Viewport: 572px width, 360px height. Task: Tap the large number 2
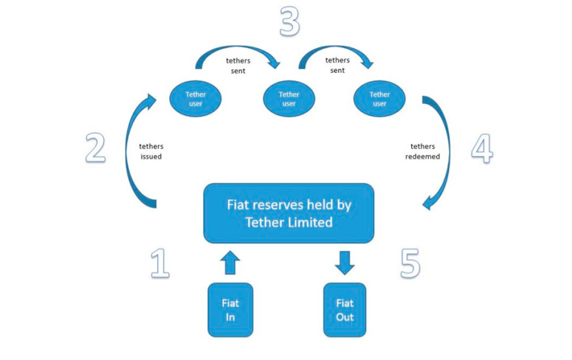pos(94,148)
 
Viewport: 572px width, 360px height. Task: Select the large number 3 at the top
pos(289,22)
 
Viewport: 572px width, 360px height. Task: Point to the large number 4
pos(481,148)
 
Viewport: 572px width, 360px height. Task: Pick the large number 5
pos(410,263)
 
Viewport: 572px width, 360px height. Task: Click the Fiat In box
pos(230,310)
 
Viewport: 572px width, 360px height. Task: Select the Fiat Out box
pos(345,310)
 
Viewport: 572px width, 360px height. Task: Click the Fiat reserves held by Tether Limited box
pos(289,212)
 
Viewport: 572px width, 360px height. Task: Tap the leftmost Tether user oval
pos(196,99)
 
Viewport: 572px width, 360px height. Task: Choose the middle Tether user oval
pos(289,99)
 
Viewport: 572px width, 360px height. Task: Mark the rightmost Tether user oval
pos(379,99)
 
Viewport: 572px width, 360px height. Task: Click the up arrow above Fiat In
pos(230,263)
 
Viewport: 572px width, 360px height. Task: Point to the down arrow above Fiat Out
pos(345,263)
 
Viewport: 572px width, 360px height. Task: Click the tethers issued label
pos(151,151)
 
